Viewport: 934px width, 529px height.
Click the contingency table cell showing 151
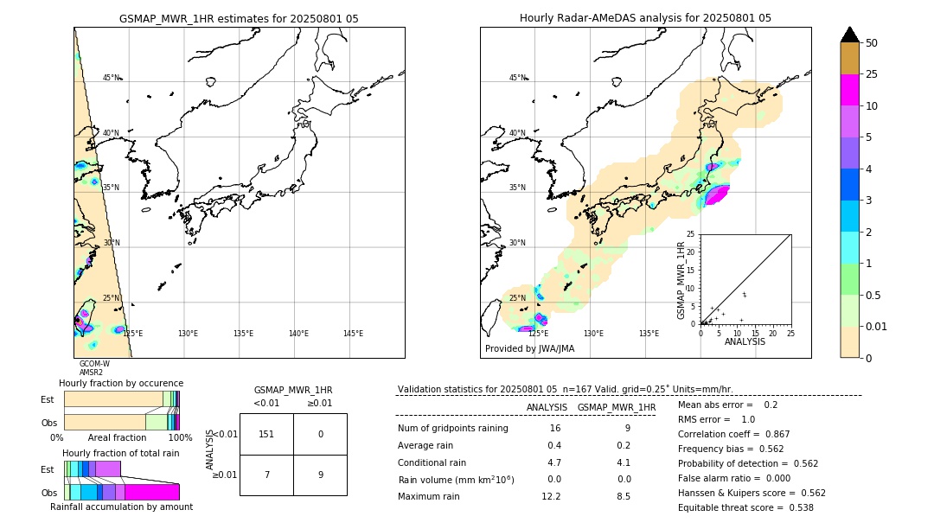click(266, 434)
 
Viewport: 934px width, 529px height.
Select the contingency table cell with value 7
click(266, 475)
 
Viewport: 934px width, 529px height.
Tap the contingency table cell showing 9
click(320, 475)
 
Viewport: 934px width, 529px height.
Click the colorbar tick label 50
click(872, 43)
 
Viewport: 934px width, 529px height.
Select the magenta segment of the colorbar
click(850, 91)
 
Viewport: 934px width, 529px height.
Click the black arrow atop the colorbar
click(850, 35)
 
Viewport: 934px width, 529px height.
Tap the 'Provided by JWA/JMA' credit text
click(529, 349)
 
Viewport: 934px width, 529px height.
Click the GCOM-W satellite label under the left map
click(94, 364)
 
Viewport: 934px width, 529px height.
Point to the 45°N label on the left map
click(112, 78)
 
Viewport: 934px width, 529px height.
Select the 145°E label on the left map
click(353, 334)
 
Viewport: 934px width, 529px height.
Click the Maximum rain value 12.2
click(551, 496)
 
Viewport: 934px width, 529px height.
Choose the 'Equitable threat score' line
click(745, 507)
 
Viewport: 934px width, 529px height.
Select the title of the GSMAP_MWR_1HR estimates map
click(239, 18)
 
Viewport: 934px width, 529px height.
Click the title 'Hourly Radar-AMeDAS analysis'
click(645, 18)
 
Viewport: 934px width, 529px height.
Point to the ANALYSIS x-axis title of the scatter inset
click(745, 342)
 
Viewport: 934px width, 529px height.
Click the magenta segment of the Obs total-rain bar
click(152, 492)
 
